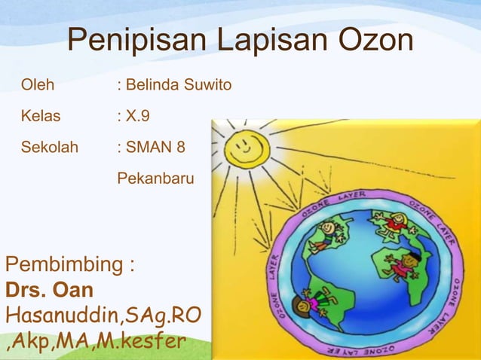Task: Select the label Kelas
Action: click(41, 117)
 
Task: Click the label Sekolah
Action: click(49, 147)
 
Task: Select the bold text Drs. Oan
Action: click(50, 290)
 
